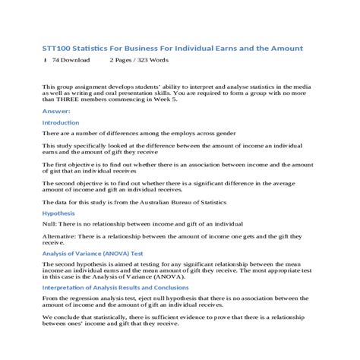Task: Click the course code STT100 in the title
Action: tap(57, 48)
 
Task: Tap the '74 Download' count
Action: tap(71, 59)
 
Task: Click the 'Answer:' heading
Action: tap(54, 110)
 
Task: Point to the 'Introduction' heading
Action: tap(60, 122)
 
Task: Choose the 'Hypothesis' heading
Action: tap(58, 214)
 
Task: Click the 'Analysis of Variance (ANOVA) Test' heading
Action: tap(94, 254)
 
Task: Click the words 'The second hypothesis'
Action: tap(78, 265)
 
